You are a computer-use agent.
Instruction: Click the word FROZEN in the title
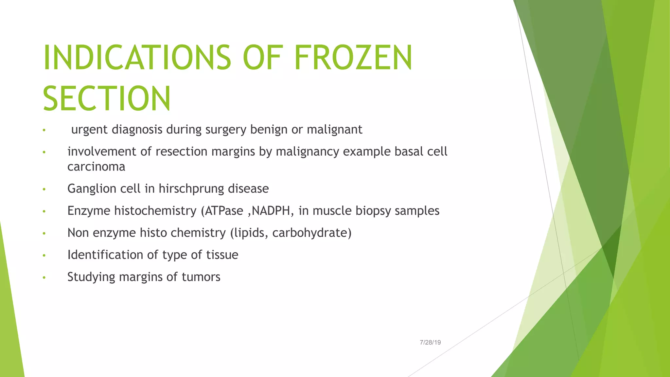click(x=353, y=58)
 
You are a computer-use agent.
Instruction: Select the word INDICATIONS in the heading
click(x=137, y=58)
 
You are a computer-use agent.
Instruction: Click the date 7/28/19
click(x=430, y=342)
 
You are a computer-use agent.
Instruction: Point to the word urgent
click(x=89, y=130)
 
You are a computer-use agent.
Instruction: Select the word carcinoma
click(x=96, y=167)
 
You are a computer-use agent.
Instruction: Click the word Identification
click(x=105, y=255)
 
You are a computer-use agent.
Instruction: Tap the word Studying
click(x=91, y=277)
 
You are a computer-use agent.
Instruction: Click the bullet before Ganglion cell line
click(x=44, y=189)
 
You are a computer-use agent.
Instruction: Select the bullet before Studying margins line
click(x=44, y=278)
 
